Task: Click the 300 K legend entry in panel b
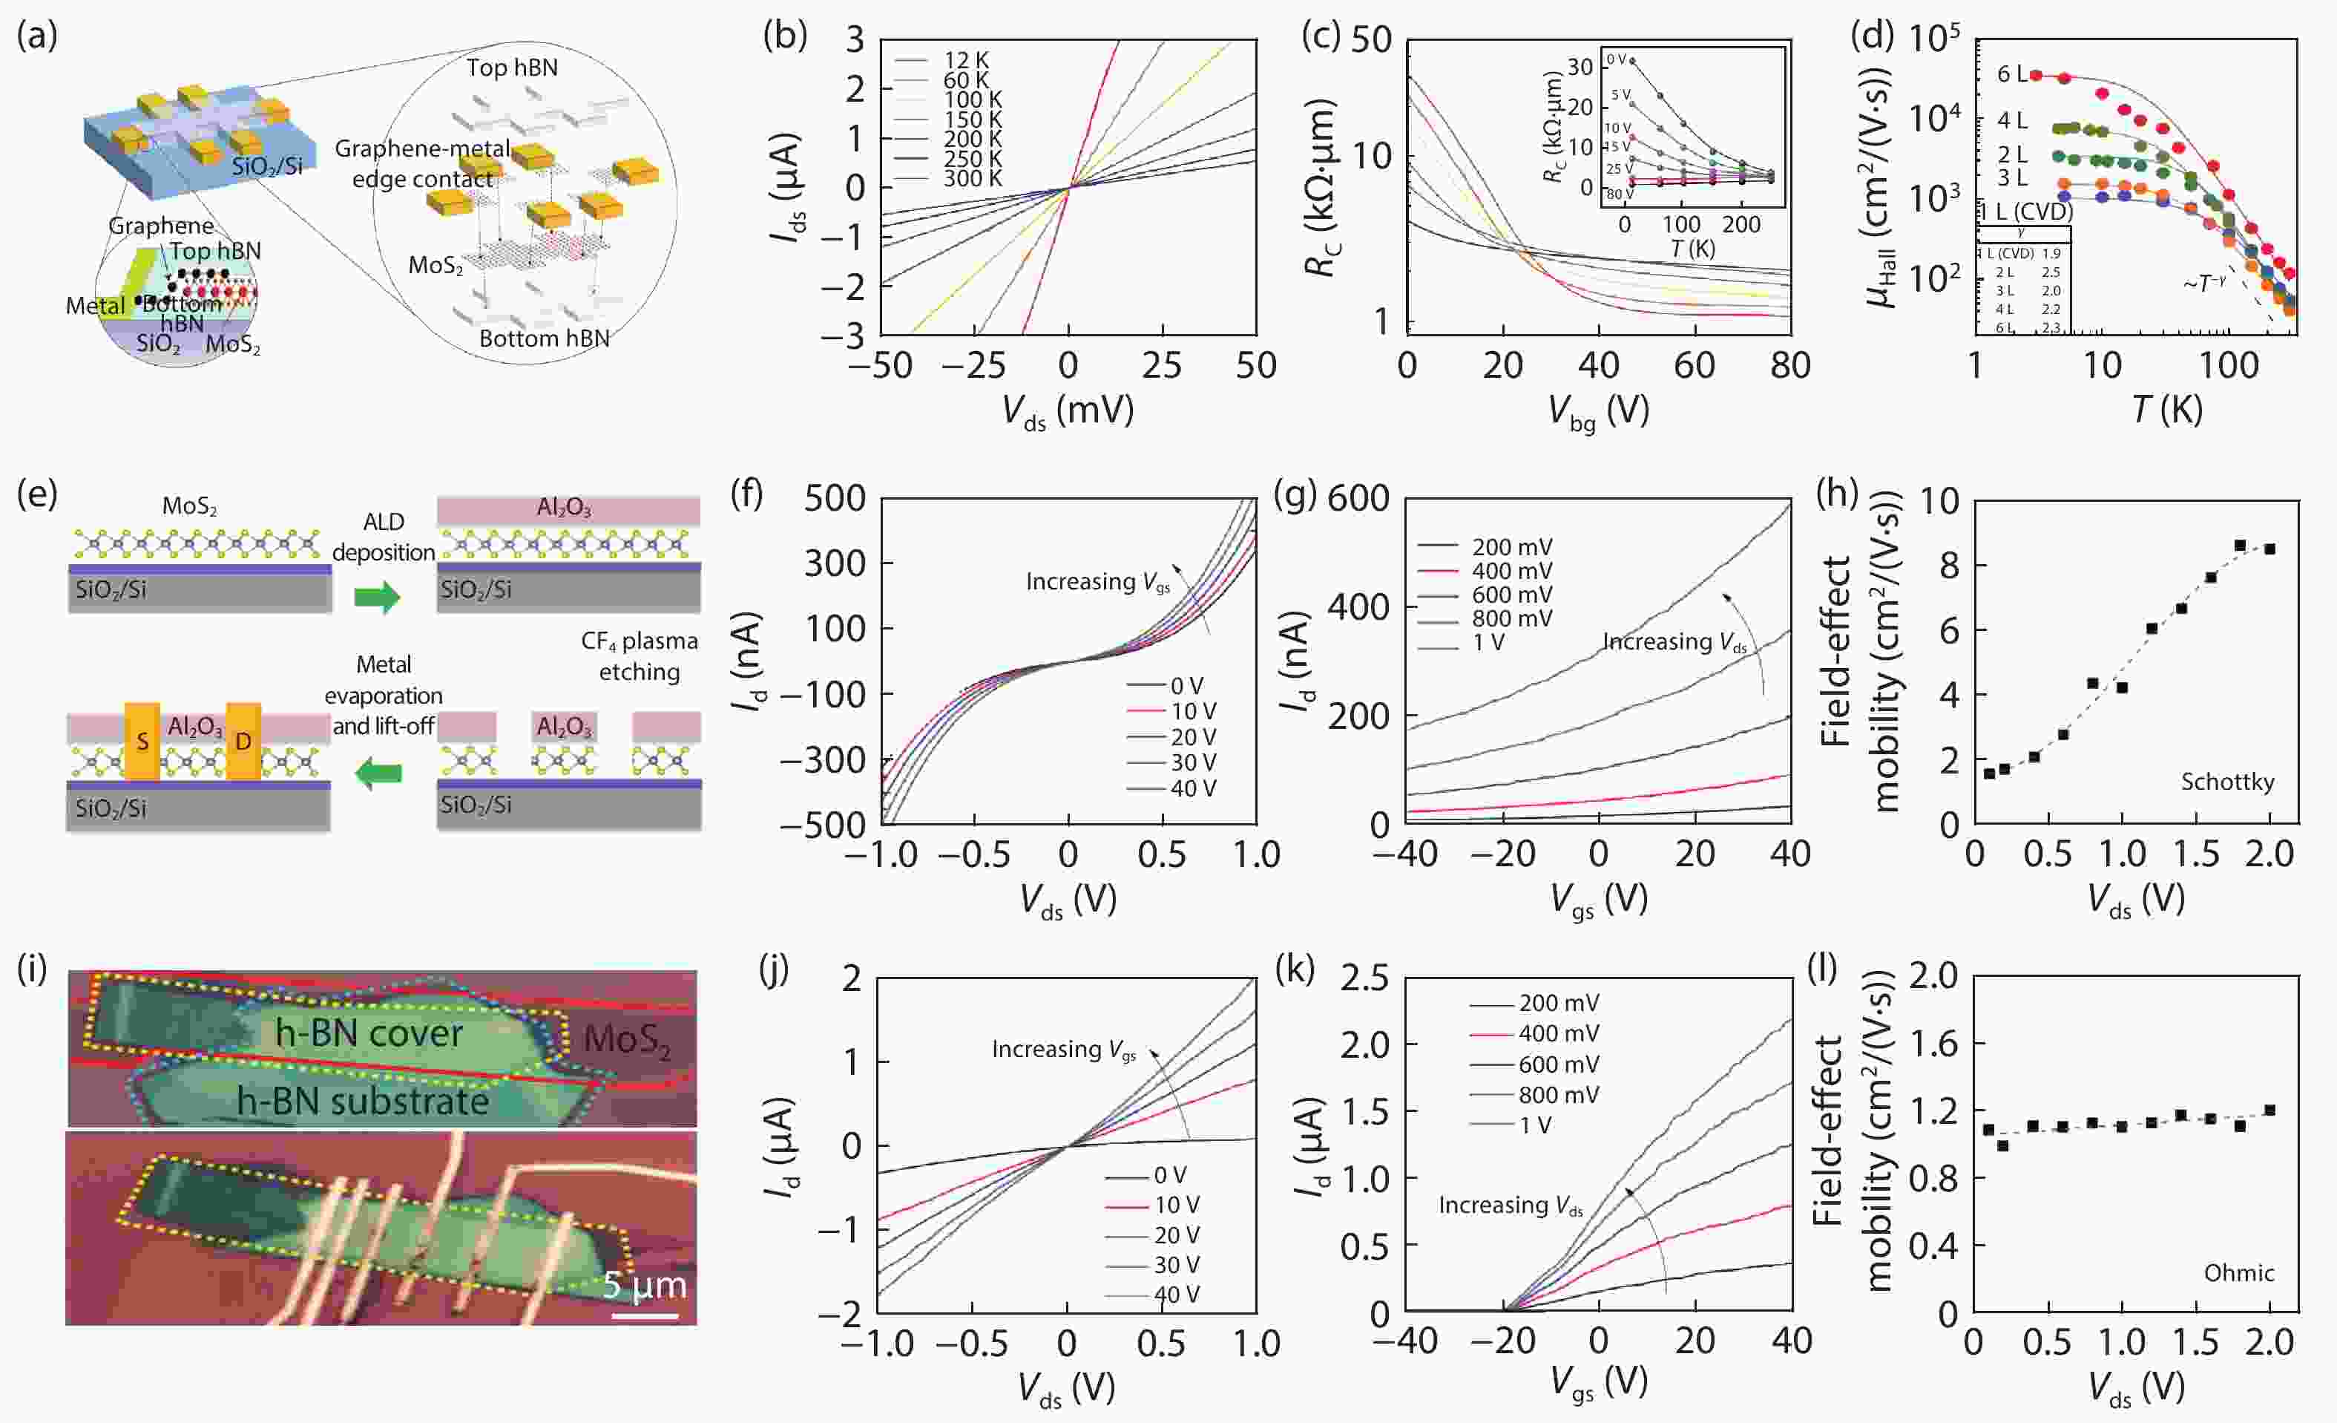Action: point(971,178)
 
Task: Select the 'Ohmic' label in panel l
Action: point(2238,1273)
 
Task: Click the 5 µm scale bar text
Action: point(644,1286)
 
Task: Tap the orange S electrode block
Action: point(142,742)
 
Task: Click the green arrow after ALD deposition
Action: point(378,598)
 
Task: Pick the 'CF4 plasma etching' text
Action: point(640,656)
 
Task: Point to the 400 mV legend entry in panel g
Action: point(1511,571)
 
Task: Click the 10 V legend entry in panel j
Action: point(1176,1205)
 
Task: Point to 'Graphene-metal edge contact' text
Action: point(423,163)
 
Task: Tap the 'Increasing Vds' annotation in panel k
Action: point(1510,1206)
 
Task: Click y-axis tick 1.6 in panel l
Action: point(1932,1044)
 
